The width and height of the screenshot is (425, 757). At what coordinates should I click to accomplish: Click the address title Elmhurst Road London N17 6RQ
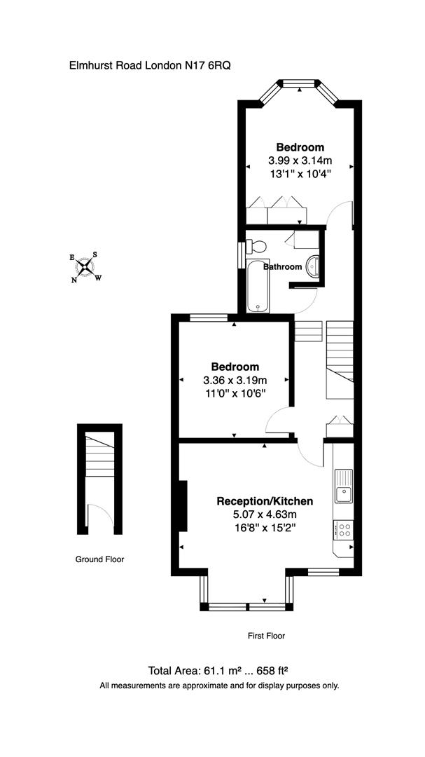point(150,65)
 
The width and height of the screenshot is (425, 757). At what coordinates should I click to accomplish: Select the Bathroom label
point(283,267)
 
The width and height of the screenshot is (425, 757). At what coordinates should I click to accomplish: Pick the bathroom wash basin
point(313,266)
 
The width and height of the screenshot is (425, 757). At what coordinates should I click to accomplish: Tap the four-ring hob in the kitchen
point(343,529)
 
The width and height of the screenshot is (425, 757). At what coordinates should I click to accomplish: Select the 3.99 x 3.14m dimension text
point(300,161)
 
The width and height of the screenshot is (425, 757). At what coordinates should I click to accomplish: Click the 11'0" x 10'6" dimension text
point(235,393)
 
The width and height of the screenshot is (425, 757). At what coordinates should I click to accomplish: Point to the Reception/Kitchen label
point(265,501)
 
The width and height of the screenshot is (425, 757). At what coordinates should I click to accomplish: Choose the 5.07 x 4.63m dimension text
point(265,514)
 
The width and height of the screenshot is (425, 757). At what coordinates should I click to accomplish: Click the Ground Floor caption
point(99,559)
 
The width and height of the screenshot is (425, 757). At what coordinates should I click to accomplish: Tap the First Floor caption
point(266,636)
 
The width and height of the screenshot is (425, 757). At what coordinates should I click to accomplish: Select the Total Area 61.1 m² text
point(218,670)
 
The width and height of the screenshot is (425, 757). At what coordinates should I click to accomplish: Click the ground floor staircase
point(99,456)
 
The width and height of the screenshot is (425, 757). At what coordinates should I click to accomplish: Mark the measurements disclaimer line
point(219,686)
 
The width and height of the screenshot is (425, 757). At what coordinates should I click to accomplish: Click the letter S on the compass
point(95,255)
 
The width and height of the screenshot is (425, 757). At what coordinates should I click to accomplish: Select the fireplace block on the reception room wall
point(183,505)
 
